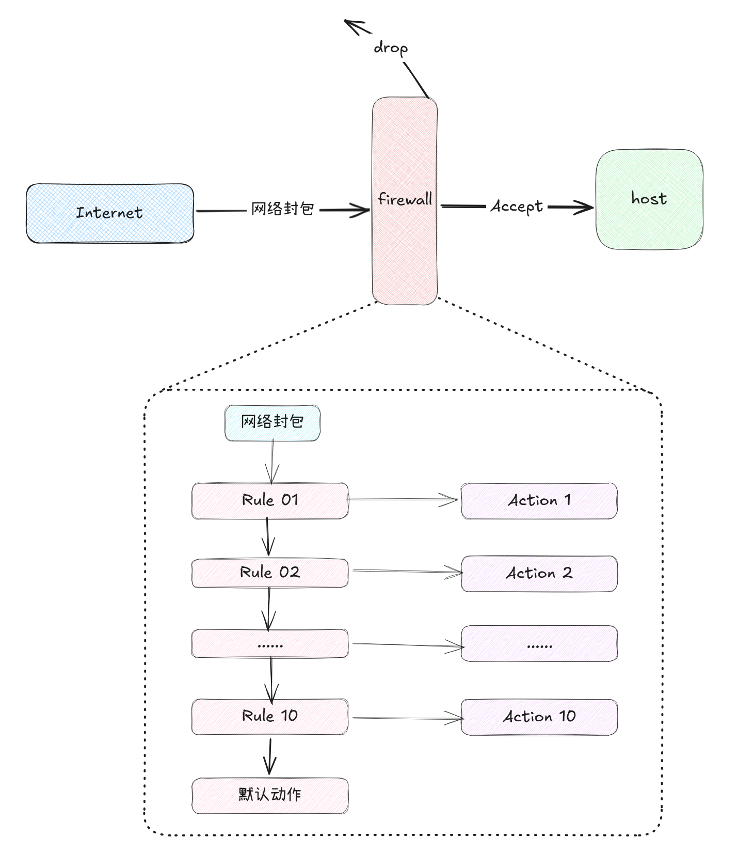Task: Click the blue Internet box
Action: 109,213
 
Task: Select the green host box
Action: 649,199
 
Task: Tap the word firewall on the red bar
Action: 405,199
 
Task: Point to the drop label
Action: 391,48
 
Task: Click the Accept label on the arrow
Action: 517,207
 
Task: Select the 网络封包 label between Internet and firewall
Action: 282,209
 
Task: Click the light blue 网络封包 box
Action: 272,422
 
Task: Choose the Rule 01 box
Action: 269,500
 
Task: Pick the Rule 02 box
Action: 269,573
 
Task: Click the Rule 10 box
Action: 269,716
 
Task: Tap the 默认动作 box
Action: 269,795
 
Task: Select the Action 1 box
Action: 539,500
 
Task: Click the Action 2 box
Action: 539,573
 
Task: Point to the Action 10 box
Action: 539,717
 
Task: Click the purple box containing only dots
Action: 539,643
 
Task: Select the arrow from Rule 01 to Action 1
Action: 403,499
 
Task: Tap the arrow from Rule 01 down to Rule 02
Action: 267,537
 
